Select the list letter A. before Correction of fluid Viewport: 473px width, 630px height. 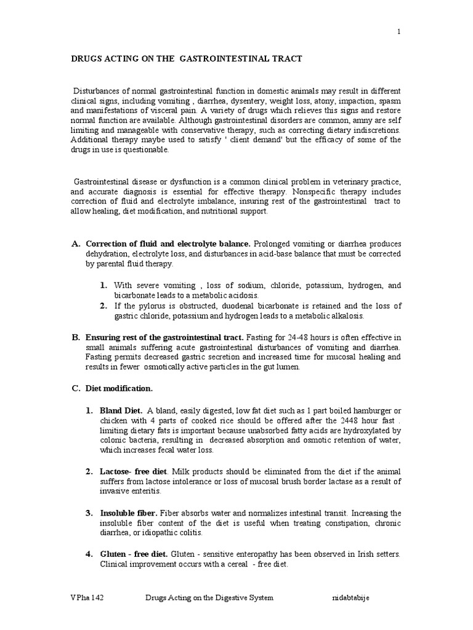pyautogui.click(x=76, y=244)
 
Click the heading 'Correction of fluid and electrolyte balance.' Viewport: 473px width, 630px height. pyautogui.click(x=168, y=244)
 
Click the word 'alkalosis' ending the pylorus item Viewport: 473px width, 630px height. pyautogui.click(x=346, y=316)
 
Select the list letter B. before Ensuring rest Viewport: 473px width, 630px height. pyautogui.click(x=76, y=337)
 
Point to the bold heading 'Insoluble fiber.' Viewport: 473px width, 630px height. pyautogui.click(x=129, y=513)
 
